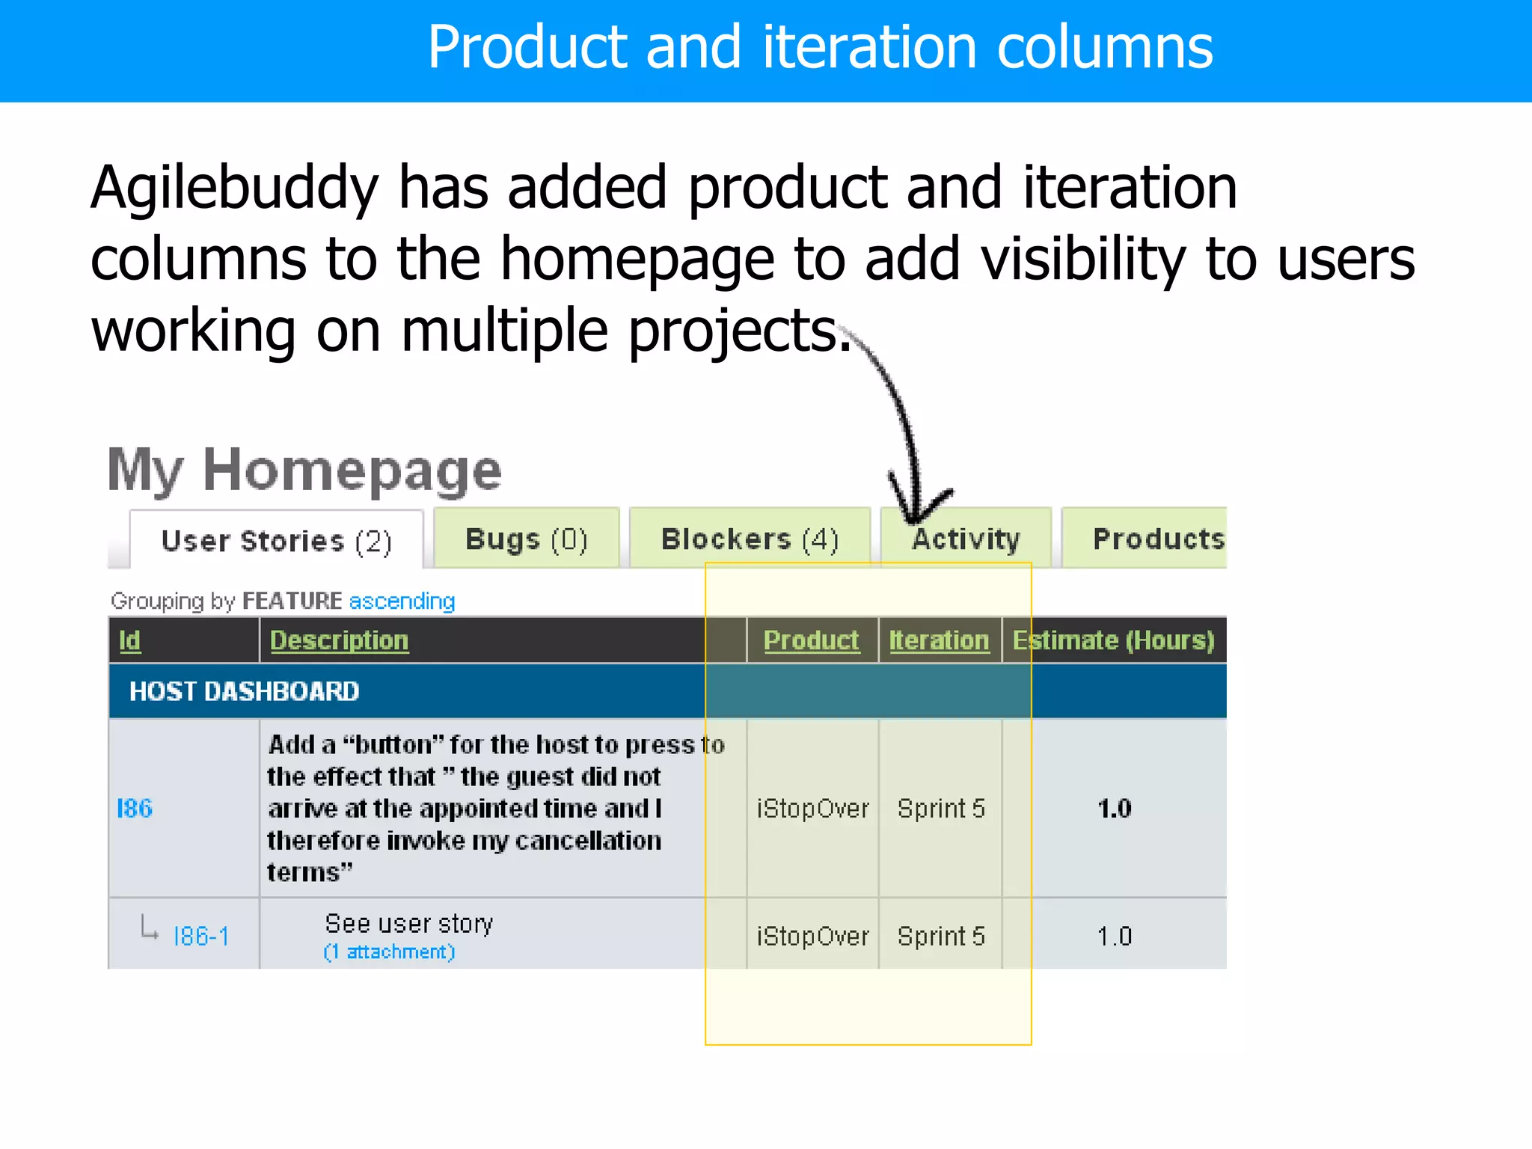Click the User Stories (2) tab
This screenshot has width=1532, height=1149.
click(x=276, y=541)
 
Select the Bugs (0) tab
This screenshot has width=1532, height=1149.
click(x=527, y=539)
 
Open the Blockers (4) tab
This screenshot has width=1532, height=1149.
click(x=750, y=539)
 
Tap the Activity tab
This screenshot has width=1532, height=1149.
click(x=966, y=539)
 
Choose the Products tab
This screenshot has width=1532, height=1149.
click(x=1156, y=539)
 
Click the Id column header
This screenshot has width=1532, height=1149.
click(x=130, y=640)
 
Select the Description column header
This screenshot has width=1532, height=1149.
click(x=339, y=640)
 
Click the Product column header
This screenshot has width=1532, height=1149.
click(x=811, y=640)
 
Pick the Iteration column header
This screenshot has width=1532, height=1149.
click(x=939, y=640)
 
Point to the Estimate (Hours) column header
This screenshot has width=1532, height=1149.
click(x=1113, y=640)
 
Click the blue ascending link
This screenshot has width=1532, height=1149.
click(x=402, y=601)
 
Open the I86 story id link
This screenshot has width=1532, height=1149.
click(x=135, y=809)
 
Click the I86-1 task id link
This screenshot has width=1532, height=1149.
click(x=200, y=937)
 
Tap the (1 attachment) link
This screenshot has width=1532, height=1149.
click(x=389, y=952)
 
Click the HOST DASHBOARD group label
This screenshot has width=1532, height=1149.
click(x=244, y=691)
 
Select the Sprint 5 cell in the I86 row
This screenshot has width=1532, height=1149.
click(x=941, y=809)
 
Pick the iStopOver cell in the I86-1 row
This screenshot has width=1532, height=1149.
click(x=812, y=937)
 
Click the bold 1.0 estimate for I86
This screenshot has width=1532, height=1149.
click(x=1114, y=809)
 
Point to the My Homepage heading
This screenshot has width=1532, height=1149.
click(x=304, y=471)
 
